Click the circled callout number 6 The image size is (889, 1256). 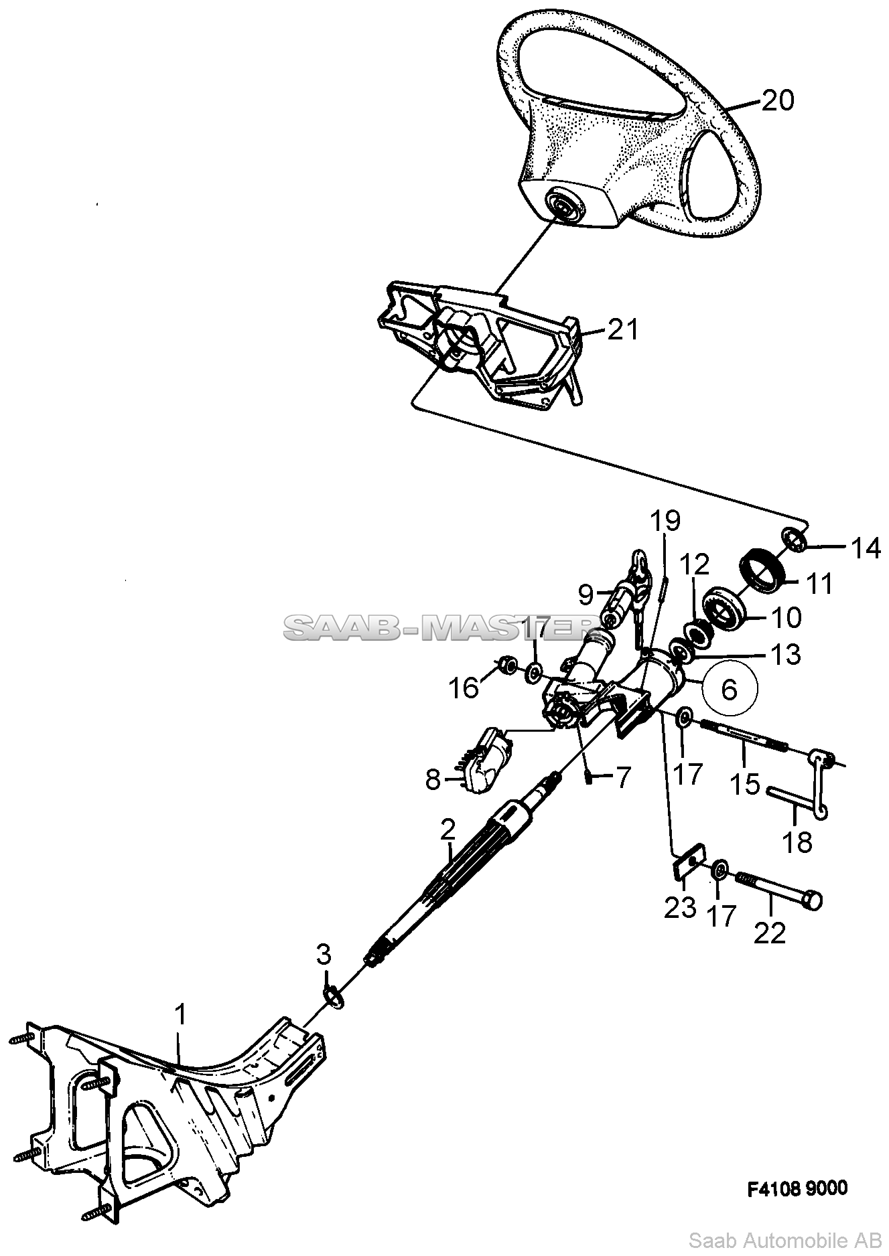(729, 689)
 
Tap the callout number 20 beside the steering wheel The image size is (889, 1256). (778, 100)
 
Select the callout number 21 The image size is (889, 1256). (623, 329)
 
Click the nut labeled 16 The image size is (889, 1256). (508, 665)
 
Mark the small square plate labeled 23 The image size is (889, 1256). (688, 864)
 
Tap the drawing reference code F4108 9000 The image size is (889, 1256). (797, 1188)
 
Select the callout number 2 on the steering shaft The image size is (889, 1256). (448, 830)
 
